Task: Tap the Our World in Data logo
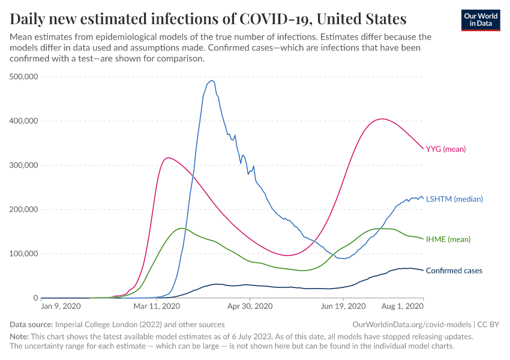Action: [x=480, y=19]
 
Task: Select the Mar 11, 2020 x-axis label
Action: [x=157, y=307]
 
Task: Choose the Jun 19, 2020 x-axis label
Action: [x=343, y=307]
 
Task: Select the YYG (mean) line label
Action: [x=445, y=149]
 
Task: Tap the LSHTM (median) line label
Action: [x=454, y=199]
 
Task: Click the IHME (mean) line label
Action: [x=448, y=239]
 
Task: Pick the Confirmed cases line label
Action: [x=454, y=271]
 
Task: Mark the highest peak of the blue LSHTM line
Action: [x=211, y=80]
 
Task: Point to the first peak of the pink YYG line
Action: [x=168, y=158]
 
